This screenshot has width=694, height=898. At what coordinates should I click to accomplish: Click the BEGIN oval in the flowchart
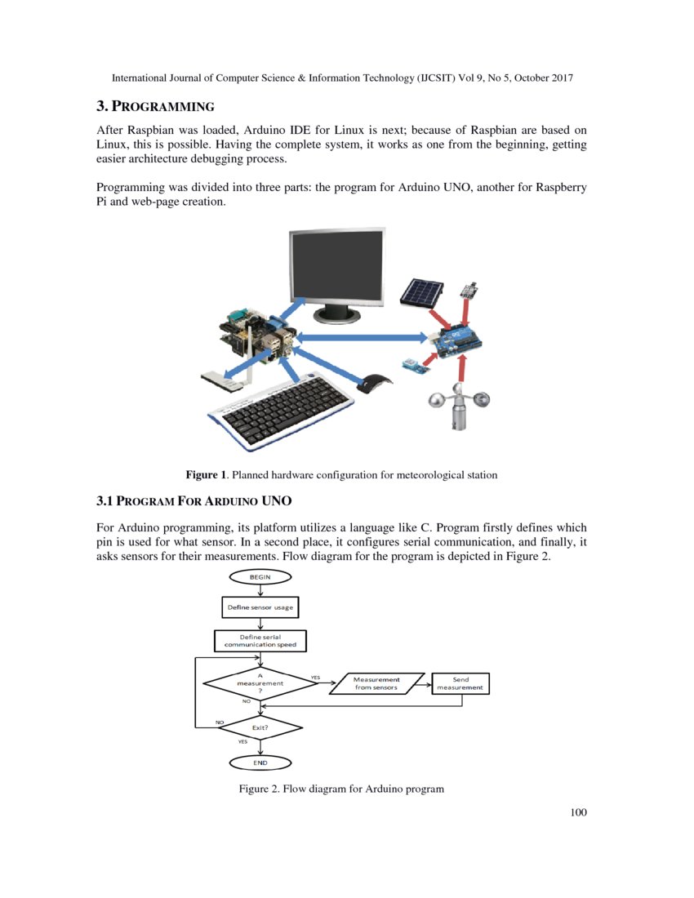click(260, 576)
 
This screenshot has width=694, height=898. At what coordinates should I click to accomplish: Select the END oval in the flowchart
click(260, 762)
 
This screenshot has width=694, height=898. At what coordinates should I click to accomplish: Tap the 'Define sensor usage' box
click(260, 607)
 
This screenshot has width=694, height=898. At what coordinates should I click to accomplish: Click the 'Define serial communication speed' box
click(260, 640)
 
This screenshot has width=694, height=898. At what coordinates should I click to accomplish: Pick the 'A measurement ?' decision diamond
click(260, 682)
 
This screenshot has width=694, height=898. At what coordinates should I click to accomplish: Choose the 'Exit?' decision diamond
click(260, 727)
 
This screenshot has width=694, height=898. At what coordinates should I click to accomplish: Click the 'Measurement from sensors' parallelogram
click(376, 683)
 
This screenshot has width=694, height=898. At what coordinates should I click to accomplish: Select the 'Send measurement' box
click(460, 683)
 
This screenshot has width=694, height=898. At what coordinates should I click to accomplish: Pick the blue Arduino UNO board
click(452, 343)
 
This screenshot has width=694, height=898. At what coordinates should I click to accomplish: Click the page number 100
click(579, 812)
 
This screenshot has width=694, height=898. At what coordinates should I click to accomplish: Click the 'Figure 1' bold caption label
click(206, 474)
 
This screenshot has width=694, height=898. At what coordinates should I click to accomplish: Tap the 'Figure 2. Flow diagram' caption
click(340, 789)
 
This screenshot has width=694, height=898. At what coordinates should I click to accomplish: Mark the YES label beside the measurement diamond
click(315, 677)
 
